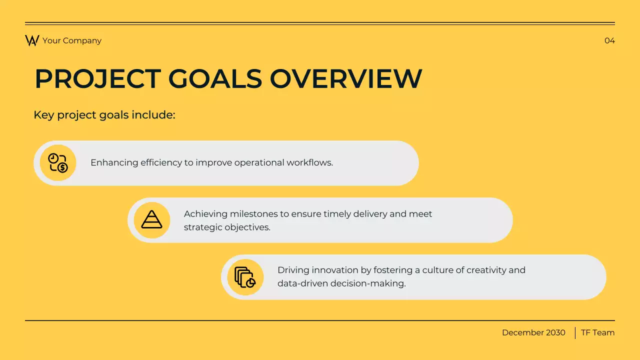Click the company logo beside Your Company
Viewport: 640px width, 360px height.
(32, 40)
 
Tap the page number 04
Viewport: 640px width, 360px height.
(609, 40)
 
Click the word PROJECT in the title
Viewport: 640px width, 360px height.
(97, 79)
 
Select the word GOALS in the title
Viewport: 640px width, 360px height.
(215, 79)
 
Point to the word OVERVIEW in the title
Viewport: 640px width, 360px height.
(346, 79)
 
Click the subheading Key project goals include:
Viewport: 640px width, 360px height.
(104, 115)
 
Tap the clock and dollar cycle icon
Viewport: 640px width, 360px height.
(58, 163)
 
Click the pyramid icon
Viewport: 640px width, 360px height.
(151, 220)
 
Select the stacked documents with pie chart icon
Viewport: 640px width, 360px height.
(245, 277)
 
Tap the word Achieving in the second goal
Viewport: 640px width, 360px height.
(205, 214)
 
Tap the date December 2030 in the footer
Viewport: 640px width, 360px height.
(533, 332)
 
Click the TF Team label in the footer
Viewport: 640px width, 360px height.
(597, 332)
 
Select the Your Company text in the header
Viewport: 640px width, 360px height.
(72, 40)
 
